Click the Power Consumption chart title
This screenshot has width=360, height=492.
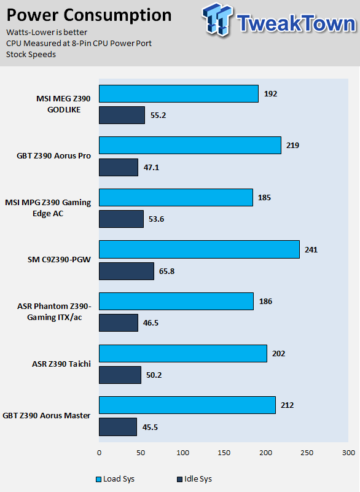pos(89,15)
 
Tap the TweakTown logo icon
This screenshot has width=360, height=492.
pos(217,20)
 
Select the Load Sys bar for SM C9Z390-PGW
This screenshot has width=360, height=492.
pos(199,249)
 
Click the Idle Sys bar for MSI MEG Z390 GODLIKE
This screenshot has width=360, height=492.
pos(122,115)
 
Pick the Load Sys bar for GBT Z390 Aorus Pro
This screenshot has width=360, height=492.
pos(190,146)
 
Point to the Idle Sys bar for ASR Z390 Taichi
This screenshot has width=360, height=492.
pos(120,375)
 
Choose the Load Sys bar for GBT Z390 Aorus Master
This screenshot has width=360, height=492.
pos(187,405)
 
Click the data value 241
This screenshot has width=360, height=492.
pos(311,250)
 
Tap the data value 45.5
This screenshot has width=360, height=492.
pos(150,428)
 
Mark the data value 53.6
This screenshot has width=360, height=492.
pos(156,219)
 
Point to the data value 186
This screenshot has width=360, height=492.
pos(265,302)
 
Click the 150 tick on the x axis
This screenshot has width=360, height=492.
pos(224,453)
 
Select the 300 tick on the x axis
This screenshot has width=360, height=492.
pos(349,453)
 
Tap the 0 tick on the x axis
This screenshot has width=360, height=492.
pos(99,453)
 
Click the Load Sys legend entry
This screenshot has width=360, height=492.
pos(115,479)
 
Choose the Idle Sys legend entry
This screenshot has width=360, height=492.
pos(195,479)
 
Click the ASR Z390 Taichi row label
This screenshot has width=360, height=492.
pos(61,364)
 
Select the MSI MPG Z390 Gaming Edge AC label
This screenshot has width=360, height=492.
pos(48,208)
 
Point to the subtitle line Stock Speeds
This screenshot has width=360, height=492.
pos(31,54)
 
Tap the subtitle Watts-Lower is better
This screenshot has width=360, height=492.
pos(47,33)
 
